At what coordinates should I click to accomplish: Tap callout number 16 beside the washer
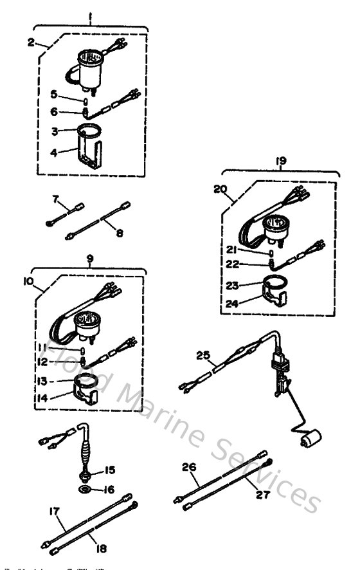pos(109,490)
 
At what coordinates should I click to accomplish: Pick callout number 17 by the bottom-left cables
pos(54,512)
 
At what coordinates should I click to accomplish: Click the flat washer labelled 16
pos(85,491)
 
